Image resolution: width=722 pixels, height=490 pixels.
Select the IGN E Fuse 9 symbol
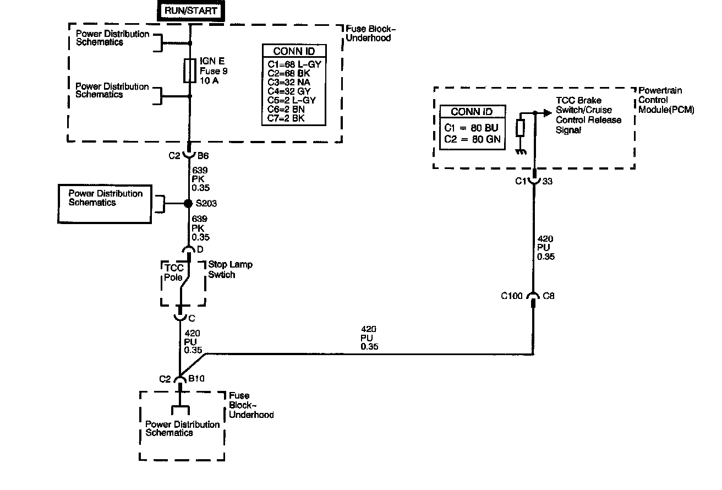[x=190, y=70]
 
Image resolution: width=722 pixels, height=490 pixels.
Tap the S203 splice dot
[x=188, y=204]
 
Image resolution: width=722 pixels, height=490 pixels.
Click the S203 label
[x=206, y=204]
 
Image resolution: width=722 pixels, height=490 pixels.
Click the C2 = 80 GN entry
[x=473, y=139]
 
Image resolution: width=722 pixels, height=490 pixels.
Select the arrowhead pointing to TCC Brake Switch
[x=546, y=112]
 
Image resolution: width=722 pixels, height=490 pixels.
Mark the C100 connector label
[x=512, y=296]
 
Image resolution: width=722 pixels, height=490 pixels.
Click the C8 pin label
[x=549, y=296]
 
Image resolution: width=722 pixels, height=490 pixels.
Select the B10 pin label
[x=196, y=379]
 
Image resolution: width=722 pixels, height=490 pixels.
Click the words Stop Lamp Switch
[x=230, y=270]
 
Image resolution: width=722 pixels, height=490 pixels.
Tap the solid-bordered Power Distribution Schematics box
[x=105, y=204]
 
